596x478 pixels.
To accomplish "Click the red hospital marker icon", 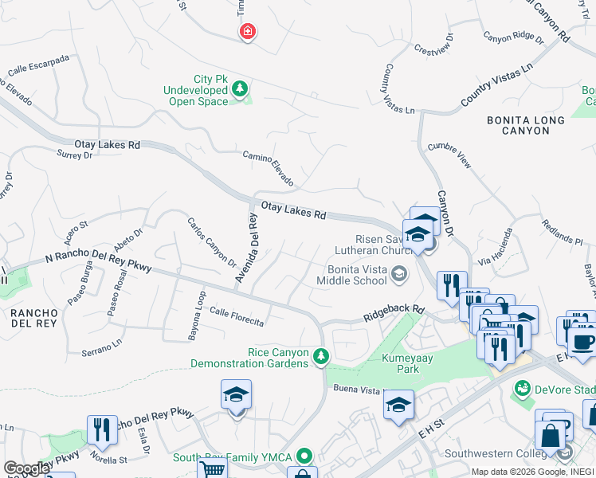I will click(x=248, y=31).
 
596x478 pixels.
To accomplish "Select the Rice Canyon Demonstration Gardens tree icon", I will click(x=320, y=355).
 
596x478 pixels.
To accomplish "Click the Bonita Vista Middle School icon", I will click(x=399, y=276).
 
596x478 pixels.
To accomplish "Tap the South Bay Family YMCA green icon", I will click(x=304, y=457).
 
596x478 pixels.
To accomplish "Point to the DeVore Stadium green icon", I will click(x=523, y=388).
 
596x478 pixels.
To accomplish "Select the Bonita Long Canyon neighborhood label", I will click(x=526, y=126).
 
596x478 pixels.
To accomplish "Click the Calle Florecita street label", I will click(x=236, y=316).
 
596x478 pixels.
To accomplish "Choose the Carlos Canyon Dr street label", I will click(x=212, y=241).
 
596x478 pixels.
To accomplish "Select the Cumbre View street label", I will click(x=449, y=155).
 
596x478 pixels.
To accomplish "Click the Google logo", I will click(x=26, y=468).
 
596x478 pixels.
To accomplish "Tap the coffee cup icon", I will click(x=582, y=342).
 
